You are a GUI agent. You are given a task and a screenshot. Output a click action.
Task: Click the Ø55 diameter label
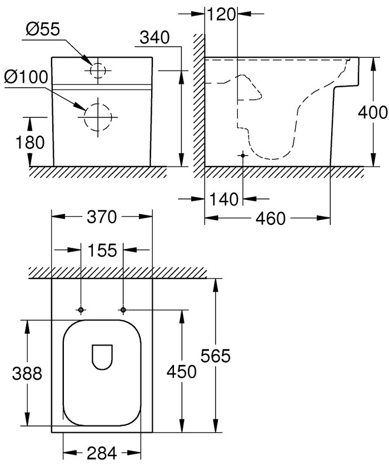[x=43, y=31]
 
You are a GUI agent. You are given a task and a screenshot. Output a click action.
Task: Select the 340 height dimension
[x=154, y=38]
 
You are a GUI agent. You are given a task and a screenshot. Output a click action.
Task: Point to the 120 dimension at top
[x=222, y=14]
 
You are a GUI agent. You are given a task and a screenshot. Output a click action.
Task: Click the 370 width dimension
[x=101, y=217]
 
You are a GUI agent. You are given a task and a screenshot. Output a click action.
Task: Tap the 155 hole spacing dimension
[x=101, y=250]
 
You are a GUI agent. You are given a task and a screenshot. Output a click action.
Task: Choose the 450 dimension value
[x=181, y=372]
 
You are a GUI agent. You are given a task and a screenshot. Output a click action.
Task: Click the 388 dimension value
[x=27, y=373]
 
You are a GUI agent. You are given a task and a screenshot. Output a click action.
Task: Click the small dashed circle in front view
[x=97, y=70]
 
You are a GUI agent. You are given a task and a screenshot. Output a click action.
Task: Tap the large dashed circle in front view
[x=97, y=116]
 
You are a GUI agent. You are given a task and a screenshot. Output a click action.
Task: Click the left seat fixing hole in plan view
[x=81, y=309]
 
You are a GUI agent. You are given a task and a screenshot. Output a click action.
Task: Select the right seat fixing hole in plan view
[x=123, y=309]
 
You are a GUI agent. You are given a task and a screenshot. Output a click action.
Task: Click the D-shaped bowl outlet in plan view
[x=101, y=356]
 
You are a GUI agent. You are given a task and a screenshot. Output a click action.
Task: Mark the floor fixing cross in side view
[x=242, y=156]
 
